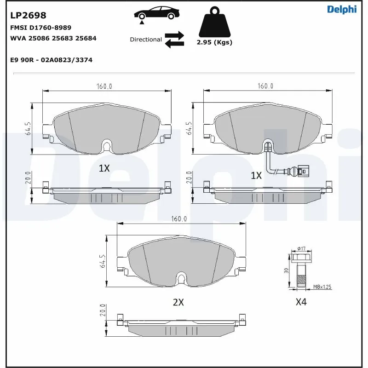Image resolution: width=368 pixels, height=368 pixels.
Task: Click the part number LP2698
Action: pyautogui.click(x=28, y=16)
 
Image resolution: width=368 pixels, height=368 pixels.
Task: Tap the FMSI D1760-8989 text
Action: pyautogui.click(x=40, y=28)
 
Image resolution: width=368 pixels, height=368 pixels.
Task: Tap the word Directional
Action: pyautogui.click(x=146, y=40)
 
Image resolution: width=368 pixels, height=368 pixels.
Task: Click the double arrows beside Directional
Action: pyautogui.click(x=174, y=40)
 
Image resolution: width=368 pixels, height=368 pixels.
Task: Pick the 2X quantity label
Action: pyautogui.click(x=178, y=302)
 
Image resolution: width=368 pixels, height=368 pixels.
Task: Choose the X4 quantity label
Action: pyautogui.click(x=301, y=302)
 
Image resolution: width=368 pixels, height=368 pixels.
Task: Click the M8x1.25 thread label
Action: pyautogui.click(x=322, y=287)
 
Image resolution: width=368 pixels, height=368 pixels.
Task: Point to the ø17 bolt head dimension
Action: pyautogui.click(x=301, y=249)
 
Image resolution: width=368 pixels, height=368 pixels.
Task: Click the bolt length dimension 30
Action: pyautogui.click(x=286, y=270)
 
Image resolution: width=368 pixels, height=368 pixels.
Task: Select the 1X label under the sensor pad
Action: pyautogui.click(x=256, y=175)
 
